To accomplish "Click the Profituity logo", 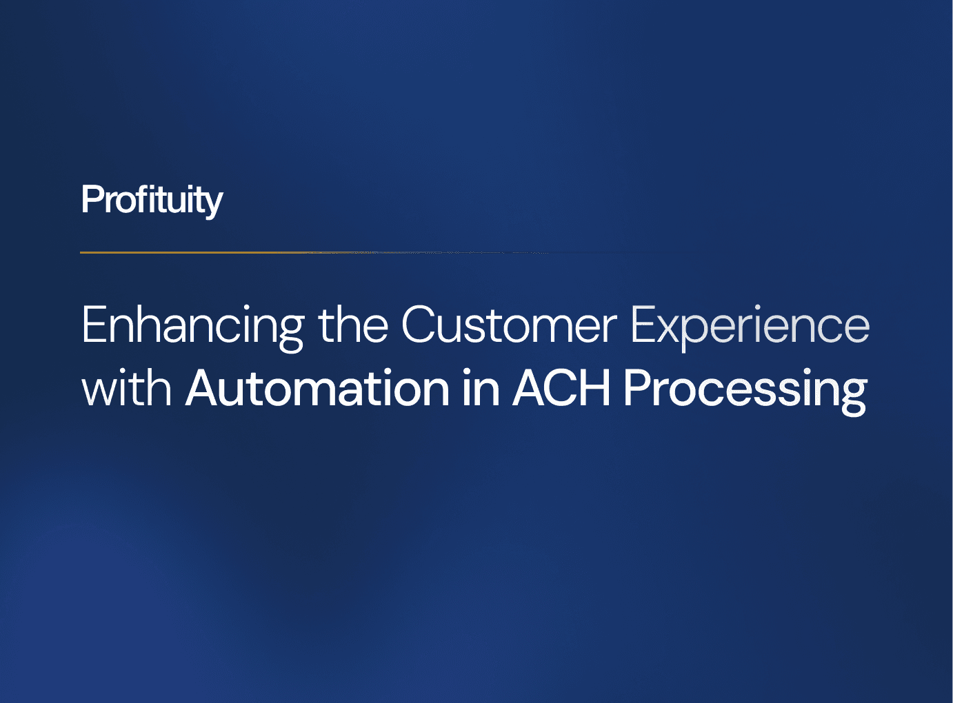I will (x=152, y=200).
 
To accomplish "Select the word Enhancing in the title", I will (x=192, y=325).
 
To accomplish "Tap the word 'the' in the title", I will (x=353, y=325).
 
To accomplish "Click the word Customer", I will (x=509, y=325).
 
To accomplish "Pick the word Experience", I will (x=750, y=325).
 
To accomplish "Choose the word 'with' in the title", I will (x=126, y=389).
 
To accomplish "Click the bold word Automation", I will (x=318, y=389).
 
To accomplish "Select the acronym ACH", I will (x=562, y=389).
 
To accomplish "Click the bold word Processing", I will (x=745, y=389).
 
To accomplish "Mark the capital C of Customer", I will (x=420, y=325).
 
